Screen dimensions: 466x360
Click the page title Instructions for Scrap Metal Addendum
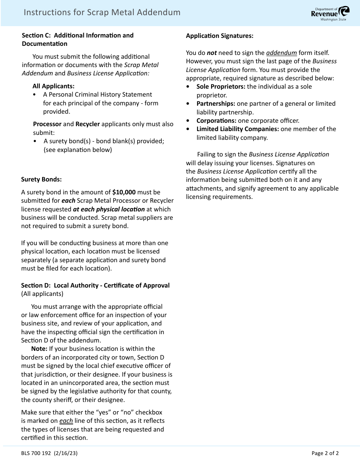102,13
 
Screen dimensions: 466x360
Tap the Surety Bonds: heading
41,179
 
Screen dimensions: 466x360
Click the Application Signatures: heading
219,36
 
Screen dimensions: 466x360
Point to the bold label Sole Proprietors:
221,86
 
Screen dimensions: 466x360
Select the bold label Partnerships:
216,103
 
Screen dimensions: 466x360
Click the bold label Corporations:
216,120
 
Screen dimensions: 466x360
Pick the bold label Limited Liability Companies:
238,129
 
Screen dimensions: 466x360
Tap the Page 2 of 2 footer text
325,453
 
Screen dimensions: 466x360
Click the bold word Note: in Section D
39,349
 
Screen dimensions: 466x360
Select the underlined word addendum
281,53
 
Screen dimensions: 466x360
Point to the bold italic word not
211,53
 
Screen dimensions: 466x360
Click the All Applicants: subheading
53,86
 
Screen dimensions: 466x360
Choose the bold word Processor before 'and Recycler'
47,124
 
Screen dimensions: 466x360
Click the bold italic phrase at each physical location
109,209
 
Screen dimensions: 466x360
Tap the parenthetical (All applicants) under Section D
42,294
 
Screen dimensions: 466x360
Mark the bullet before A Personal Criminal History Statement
35,95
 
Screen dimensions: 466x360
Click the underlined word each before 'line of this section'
66,421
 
